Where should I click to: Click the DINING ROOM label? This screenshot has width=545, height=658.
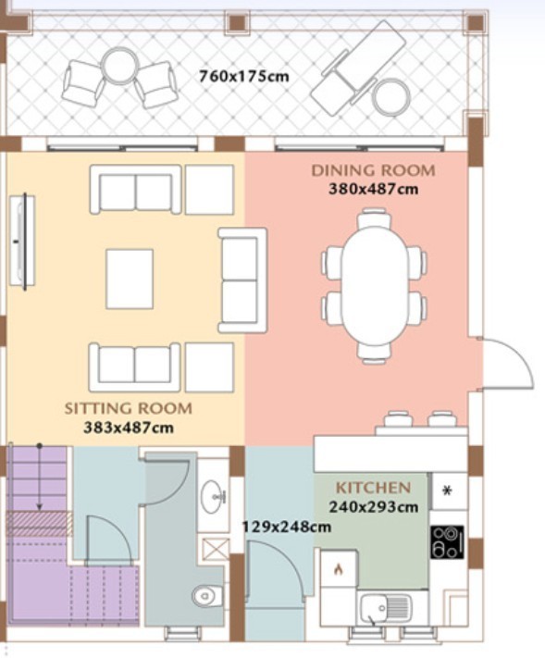pos(373,170)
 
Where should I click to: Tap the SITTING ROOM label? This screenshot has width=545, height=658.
pos(129,408)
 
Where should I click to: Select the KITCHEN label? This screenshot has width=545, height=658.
pos(373,488)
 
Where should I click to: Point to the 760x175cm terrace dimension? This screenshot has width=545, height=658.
pos(243,77)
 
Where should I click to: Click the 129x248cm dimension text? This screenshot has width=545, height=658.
pos(287,527)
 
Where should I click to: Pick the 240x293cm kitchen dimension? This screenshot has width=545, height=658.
pos(374,507)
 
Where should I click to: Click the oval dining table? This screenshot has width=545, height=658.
pos(374,285)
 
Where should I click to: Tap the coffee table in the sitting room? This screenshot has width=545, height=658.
pos(130,279)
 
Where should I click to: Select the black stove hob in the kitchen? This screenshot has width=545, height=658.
pos(447,541)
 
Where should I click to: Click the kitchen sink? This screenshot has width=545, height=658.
pos(386,608)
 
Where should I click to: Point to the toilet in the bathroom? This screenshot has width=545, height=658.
pos(207,595)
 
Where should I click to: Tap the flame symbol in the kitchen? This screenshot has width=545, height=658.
pos(339,569)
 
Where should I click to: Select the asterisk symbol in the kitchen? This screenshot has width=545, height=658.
pos(447,490)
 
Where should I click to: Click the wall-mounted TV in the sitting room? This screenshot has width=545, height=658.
pos(22,242)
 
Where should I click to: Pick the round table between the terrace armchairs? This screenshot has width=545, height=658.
pos(121,66)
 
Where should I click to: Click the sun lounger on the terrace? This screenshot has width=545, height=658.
pos(358,68)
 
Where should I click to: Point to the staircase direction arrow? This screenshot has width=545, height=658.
pos(40,478)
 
